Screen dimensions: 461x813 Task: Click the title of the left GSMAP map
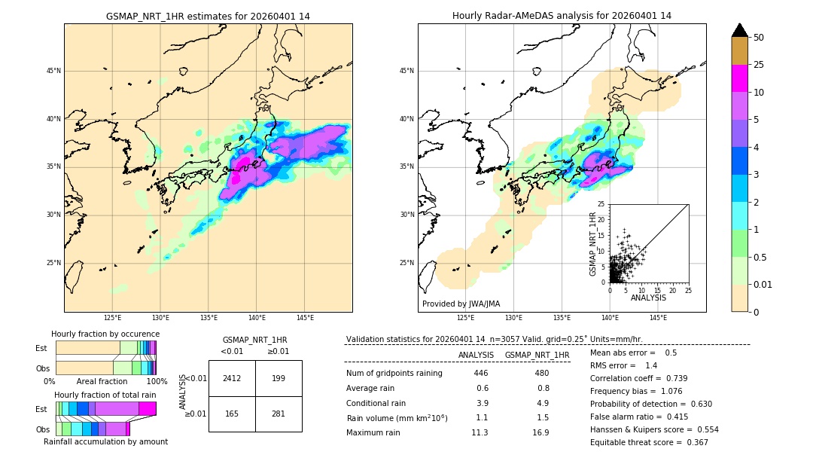tap(208, 16)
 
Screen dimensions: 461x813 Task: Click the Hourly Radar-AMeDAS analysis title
tap(562, 16)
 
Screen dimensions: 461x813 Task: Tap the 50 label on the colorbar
tap(759, 38)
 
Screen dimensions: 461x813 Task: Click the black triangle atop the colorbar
tap(739, 30)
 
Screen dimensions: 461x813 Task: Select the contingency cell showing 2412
tap(232, 378)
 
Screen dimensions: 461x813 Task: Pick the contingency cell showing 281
tap(279, 414)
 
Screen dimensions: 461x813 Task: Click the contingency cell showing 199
tap(279, 378)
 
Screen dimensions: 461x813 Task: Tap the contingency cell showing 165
tap(232, 414)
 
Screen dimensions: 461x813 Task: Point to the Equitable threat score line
tap(649, 442)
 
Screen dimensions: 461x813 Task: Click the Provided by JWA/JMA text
tap(461, 304)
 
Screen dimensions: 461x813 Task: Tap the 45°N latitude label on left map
tap(53, 71)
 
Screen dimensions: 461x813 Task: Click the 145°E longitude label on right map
tap(658, 318)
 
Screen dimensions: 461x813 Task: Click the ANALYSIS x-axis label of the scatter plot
tap(648, 298)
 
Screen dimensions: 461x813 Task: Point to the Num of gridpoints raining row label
tap(394, 374)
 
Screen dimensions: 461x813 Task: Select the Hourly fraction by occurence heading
tap(105, 334)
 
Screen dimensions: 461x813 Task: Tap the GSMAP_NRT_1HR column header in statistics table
tap(537, 355)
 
